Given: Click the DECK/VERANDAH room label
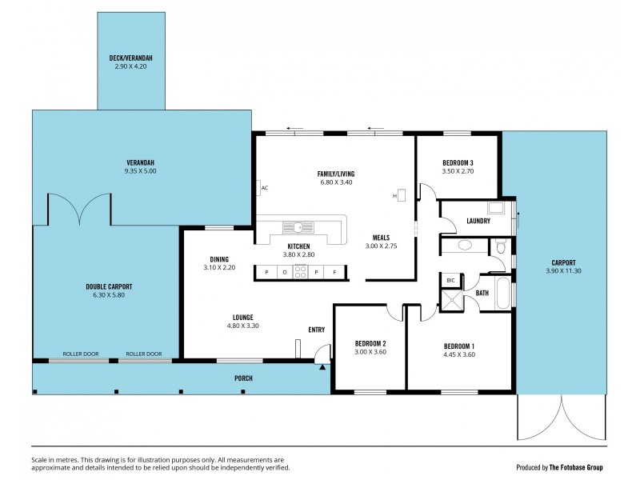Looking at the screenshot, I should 131,58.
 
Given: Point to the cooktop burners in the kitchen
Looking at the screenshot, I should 301,272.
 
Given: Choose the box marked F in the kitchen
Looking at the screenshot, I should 334,272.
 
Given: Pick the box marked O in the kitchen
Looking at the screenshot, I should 284,272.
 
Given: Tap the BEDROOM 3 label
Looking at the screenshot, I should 458,162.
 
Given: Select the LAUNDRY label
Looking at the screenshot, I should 478,221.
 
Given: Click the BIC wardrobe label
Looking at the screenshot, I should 450,280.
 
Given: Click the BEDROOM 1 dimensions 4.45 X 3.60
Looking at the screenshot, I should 460,354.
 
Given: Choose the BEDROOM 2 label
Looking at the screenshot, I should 370,343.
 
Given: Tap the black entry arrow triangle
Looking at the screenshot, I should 323,367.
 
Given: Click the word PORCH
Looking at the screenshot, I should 243,378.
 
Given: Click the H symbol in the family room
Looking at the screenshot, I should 394,194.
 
